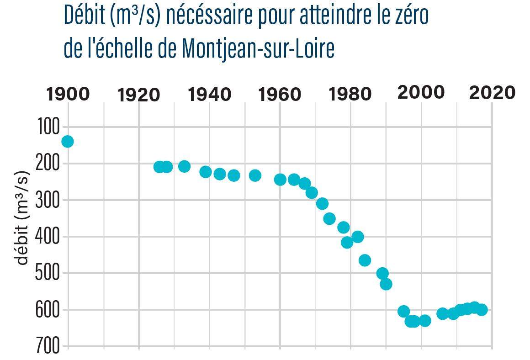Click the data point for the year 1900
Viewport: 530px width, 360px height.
[x=68, y=142]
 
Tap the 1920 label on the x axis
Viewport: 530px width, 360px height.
[x=139, y=95]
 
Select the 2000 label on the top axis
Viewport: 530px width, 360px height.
[x=421, y=93]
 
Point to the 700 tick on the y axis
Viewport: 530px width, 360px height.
[x=48, y=346]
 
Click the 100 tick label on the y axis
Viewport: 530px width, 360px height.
[x=48, y=127]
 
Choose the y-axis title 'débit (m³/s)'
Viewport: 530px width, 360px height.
[x=22, y=218]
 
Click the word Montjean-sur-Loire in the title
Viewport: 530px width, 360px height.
[x=258, y=49]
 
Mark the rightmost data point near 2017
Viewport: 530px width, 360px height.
[x=481, y=310]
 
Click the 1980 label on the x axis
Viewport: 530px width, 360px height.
[x=350, y=94]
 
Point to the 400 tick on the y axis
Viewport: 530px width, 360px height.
[x=48, y=237]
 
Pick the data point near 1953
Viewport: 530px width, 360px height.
[x=255, y=175]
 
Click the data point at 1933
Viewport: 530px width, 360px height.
[x=184, y=166]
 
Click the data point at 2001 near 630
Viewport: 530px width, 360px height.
[x=425, y=321]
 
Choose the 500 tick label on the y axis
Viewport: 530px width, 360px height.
[x=48, y=273]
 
